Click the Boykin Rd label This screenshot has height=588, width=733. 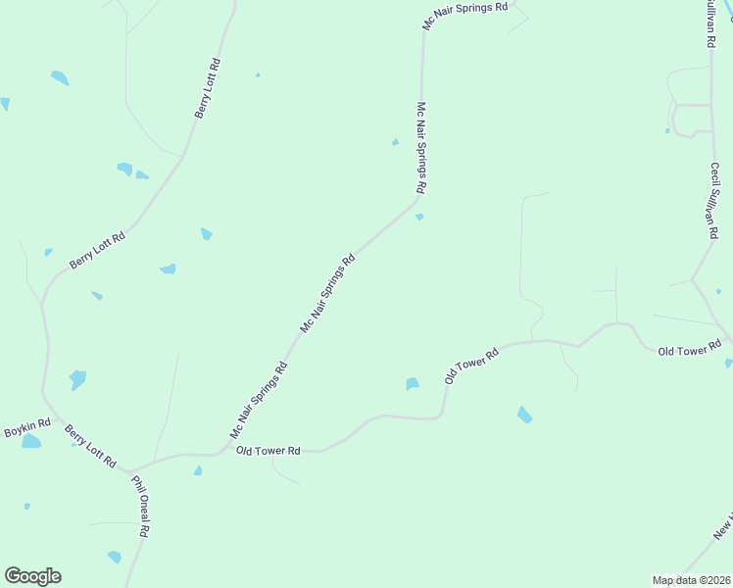(x=26, y=430)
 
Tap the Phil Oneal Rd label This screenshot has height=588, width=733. (x=139, y=507)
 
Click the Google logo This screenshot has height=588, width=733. (x=32, y=576)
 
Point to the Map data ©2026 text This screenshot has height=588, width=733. (x=691, y=580)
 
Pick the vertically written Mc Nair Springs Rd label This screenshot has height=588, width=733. (x=421, y=147)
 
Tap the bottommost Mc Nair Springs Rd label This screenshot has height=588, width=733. (x=259, y=400)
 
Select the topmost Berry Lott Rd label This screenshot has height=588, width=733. (x=208, y=89)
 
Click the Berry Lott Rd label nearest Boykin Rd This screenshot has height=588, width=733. (x=90, y=446)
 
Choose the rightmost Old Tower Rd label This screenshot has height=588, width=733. (x=690, y=349)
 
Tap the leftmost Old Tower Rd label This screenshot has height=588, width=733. (x=267, y=451)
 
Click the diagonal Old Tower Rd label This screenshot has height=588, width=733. (x=471, y=365)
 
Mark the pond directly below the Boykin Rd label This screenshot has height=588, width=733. (x=31, y=442)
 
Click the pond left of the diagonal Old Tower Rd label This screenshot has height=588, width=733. (x=413, y=384)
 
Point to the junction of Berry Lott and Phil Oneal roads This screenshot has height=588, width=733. (x=128, y=470)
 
